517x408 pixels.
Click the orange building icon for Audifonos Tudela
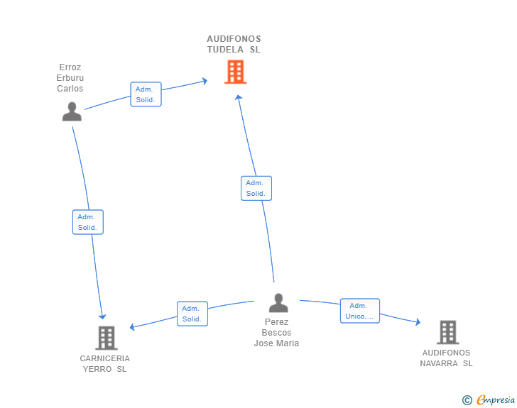pos(236,72)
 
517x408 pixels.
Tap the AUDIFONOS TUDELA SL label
pos(234,44)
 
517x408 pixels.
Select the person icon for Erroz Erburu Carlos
pos(72,111)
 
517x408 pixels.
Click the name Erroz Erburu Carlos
pos(70,78)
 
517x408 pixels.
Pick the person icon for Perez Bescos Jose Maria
pos(278,303)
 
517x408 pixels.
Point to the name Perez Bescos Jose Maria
pos(276,333)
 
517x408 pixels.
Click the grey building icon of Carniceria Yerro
pos(107,338)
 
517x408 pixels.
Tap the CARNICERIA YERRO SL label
pos(105,363)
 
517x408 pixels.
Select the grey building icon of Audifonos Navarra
pos(448,332)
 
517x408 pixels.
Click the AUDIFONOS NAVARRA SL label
pos(446,358)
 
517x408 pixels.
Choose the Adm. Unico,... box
pos(360,311)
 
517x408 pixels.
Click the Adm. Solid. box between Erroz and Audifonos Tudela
pos(146,94)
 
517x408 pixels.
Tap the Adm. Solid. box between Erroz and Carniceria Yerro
pos(88,222)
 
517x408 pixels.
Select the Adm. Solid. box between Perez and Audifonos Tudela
pos(256,188)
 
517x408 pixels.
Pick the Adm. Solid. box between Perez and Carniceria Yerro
pos(192,314)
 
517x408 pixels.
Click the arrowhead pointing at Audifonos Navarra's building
pos(418,321)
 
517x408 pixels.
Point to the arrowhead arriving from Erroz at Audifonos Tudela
pos(205,81)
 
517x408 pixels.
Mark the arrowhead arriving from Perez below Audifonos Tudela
pos(239,97)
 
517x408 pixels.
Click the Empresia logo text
pos(496,399)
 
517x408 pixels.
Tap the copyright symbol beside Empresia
pos(467,400)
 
